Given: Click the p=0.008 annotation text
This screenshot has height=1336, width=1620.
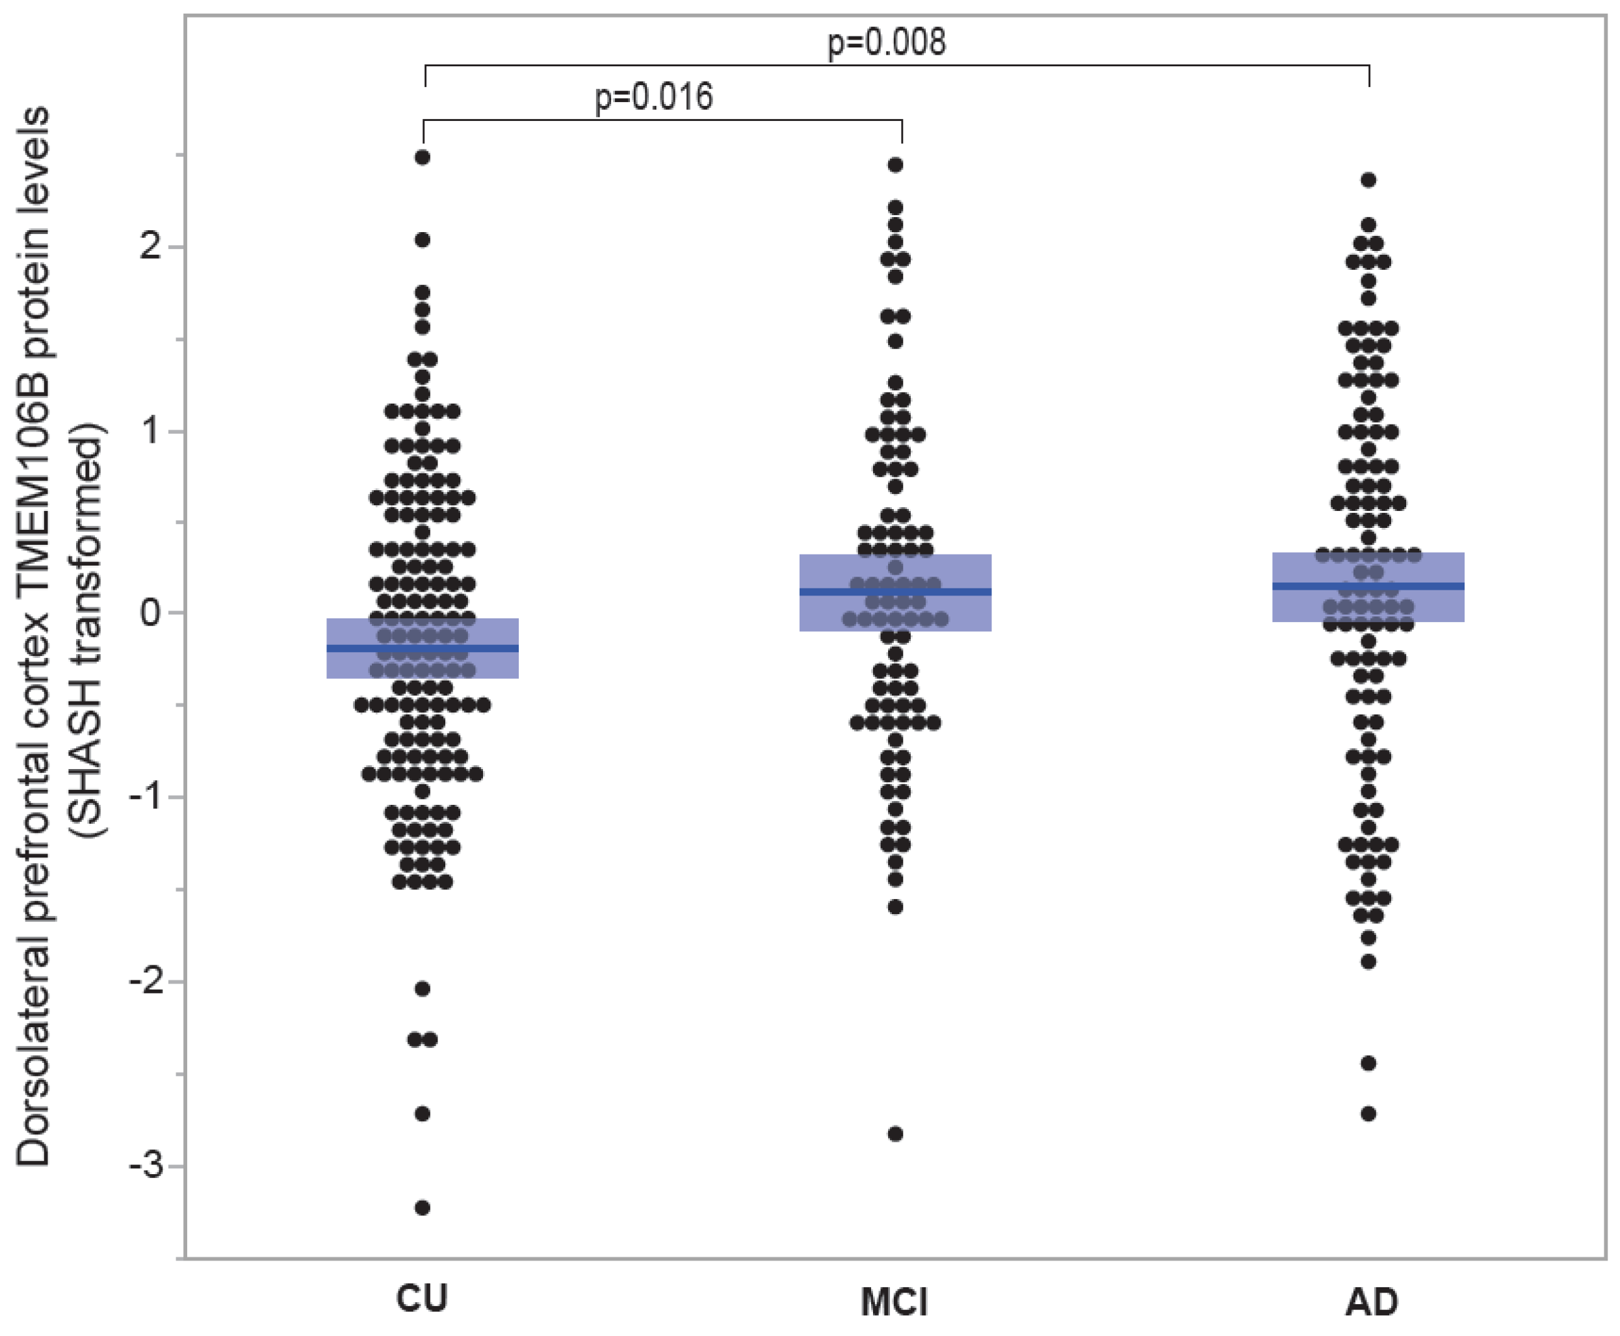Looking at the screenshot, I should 886,42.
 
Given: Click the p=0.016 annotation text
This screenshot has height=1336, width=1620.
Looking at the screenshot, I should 653,97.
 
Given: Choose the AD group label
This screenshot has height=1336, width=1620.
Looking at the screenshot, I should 1372,1302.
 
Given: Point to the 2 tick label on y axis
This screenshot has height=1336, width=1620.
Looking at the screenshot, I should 150,247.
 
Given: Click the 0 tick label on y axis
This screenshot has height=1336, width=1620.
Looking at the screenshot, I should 150,613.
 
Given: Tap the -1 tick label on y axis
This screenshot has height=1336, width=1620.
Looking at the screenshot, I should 146,796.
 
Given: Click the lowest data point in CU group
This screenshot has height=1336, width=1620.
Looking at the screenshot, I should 423,1207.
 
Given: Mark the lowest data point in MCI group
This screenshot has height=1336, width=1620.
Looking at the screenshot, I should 896,1134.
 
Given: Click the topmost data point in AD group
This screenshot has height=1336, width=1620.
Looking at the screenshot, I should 1368,180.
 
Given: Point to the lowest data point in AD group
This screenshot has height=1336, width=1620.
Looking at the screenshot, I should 1368,1114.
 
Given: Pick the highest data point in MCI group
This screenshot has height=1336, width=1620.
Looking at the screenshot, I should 896,164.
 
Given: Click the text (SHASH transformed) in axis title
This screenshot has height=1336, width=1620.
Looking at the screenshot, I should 88,631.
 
